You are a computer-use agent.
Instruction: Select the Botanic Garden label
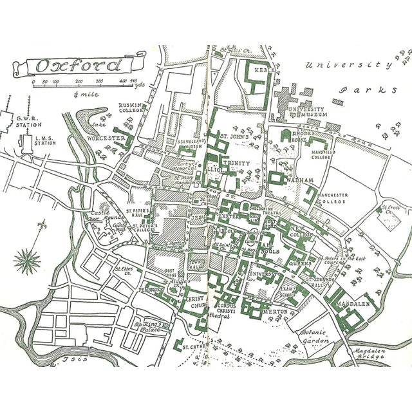315,337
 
